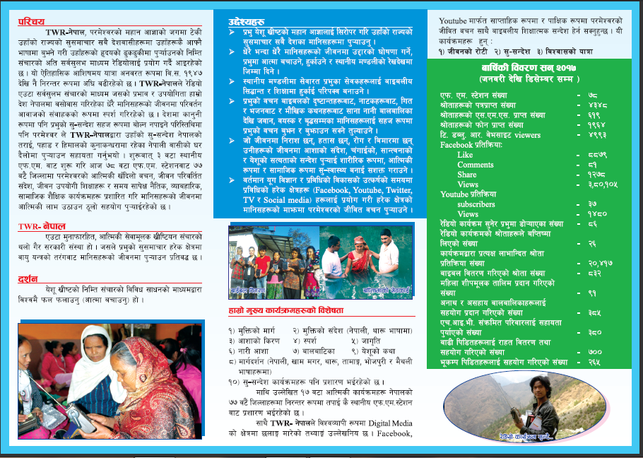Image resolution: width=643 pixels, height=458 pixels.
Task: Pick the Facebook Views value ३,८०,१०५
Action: coord(605,184)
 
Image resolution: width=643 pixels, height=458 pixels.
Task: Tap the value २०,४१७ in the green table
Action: coord(602,263)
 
